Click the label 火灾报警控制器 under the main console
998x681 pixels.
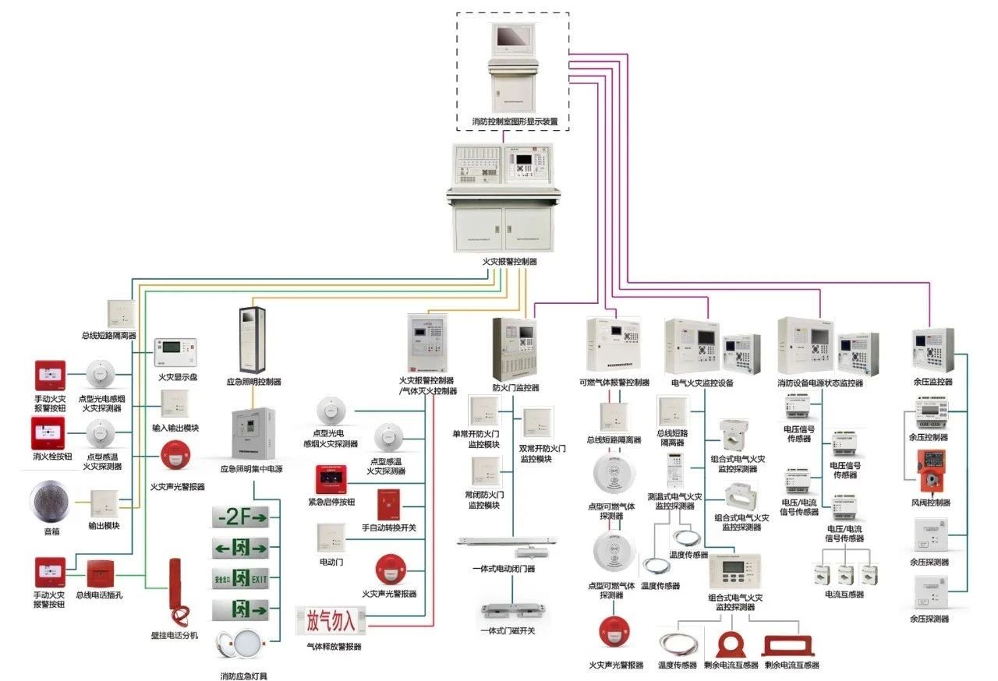509,262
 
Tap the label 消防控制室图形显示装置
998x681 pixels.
515,122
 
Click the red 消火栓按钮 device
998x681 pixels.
47,433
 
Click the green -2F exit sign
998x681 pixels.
240,517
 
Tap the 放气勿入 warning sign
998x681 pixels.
331,621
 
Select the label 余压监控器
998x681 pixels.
932,382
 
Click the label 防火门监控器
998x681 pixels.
515,387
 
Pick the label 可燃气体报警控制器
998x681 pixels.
614,383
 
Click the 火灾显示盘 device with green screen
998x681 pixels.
176,353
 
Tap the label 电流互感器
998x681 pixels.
845,595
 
